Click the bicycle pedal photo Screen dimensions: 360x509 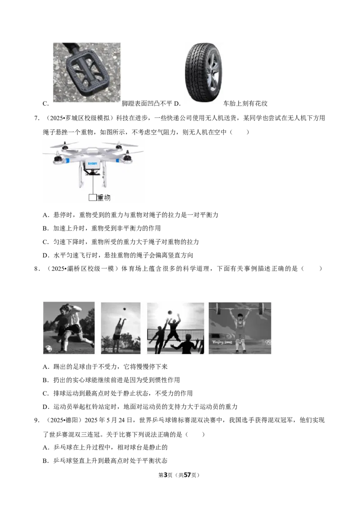(x=87, y=72)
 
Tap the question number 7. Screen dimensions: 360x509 (x=37, y=118)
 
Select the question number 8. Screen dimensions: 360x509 (x=37, y=268)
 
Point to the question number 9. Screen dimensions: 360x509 (x=37, y=420)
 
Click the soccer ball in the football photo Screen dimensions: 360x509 (x=48, y=349)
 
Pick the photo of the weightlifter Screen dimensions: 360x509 (x=240, y=328)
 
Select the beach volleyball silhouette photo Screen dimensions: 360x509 (x=175, y=328)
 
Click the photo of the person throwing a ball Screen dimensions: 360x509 (x=121, y=328)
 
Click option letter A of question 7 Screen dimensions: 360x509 (x=45, y=215)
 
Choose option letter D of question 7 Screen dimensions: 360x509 (x=45, y=255)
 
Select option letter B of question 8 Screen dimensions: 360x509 (x=45, y=380)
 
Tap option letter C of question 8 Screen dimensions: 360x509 (x=45, y=393)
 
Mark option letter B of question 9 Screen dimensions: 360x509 (x=45, y=461)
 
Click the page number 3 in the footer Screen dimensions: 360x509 (x=165, y=475)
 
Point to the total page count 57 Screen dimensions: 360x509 (x=187, y=475)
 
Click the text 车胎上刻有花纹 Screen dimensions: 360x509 (x=245, y=103)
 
